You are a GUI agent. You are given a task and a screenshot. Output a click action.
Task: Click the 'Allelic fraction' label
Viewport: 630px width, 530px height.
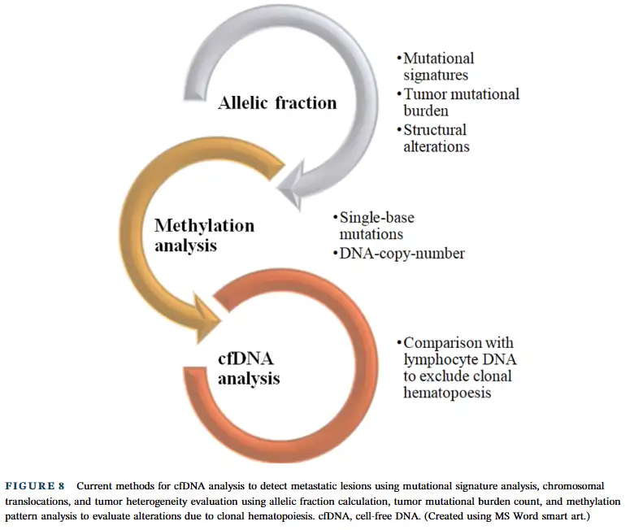(x=276, y=103)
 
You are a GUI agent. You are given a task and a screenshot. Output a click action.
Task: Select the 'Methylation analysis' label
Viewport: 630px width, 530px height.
(x=204, y=234)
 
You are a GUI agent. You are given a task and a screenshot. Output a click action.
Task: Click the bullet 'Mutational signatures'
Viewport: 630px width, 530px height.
(x=437, y=67)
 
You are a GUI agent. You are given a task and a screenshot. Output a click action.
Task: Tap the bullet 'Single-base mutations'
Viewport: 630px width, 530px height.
(x=376, y=226)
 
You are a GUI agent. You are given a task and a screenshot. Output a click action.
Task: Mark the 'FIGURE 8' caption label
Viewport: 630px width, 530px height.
(x=36, y=486)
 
